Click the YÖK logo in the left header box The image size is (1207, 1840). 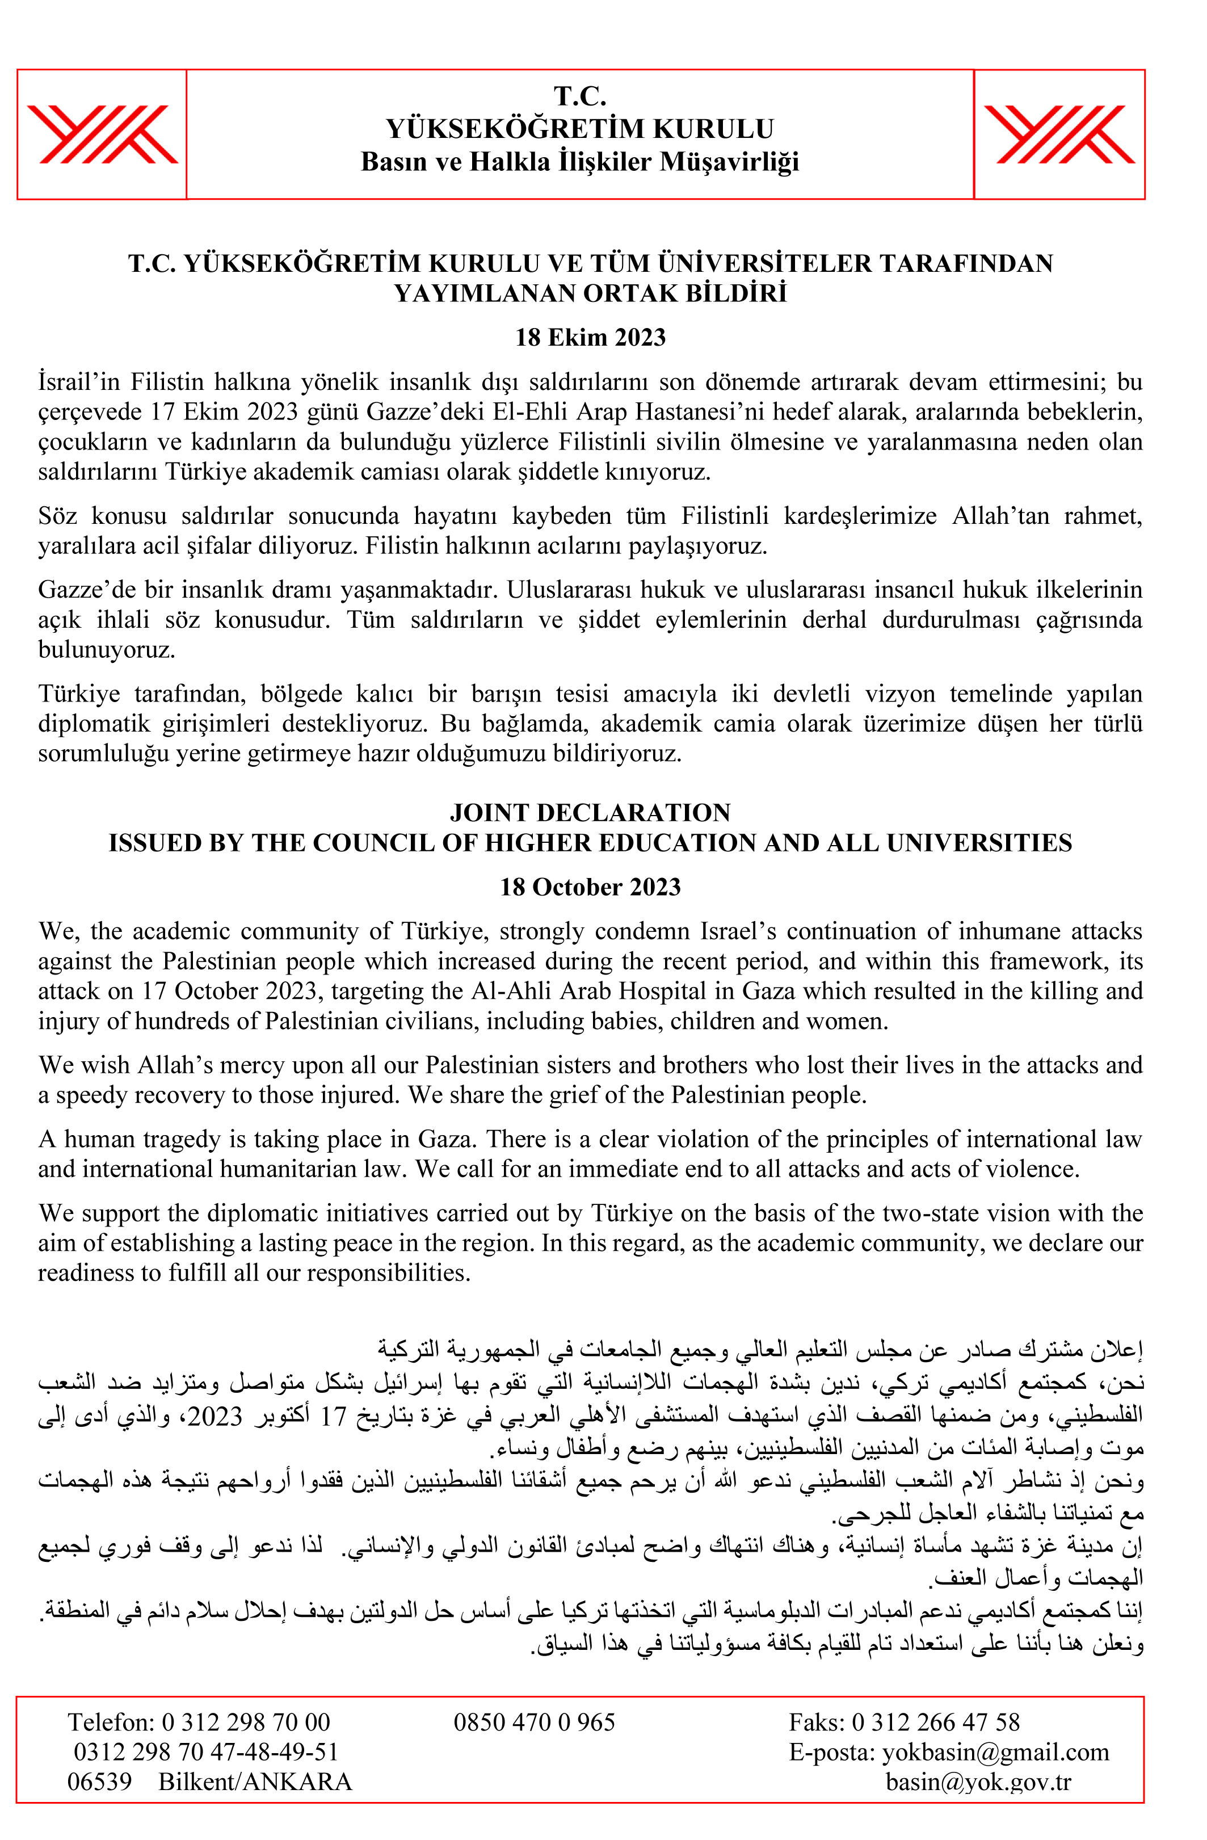pos(102,135)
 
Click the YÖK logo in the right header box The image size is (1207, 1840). pos(1058,135)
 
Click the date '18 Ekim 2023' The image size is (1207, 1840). pos(590,337)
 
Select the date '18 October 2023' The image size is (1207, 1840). pos(590,887)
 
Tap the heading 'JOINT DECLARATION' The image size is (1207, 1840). pos(590,813)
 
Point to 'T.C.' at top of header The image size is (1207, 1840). pos(579,96)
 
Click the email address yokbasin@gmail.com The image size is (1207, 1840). pos(995,1752)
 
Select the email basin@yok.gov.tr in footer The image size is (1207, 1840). pos(978,1782)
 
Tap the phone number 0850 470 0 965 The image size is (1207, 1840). pos(533,1723)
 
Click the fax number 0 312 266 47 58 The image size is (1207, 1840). pos(936,1723)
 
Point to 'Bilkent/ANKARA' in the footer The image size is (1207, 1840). pos(255,1782)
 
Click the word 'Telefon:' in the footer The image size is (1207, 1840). pos(111,1723)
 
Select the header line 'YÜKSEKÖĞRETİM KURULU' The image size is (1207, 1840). pos(579,128)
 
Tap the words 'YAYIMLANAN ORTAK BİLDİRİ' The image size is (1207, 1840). pos(590,294)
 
